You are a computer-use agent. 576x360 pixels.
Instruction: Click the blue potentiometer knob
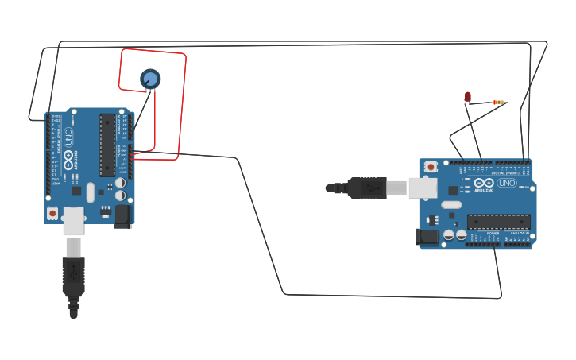tap(150, 78)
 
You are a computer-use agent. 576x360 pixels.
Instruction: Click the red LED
tap(468, 97)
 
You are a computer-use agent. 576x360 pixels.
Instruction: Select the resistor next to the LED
tap(498, 103)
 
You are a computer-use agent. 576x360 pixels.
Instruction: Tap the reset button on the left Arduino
tap(52, 213)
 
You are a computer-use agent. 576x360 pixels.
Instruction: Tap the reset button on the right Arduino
tap(431, 167)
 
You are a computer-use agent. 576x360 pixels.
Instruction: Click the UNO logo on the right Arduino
tap(506, 184)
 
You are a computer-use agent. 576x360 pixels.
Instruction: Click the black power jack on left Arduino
tap(122, 216)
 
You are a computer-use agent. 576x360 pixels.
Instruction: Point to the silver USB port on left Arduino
tap(73, 221)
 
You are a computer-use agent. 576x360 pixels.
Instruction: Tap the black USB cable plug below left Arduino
tap(73, 274)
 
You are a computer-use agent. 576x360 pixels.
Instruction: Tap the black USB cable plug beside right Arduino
tap(366, 188)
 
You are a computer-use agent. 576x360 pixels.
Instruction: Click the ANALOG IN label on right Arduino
tap(519, 234)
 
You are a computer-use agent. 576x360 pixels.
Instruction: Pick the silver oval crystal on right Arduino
tap(451, 205)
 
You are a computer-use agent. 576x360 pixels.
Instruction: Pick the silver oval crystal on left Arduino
tap(90, 192)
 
